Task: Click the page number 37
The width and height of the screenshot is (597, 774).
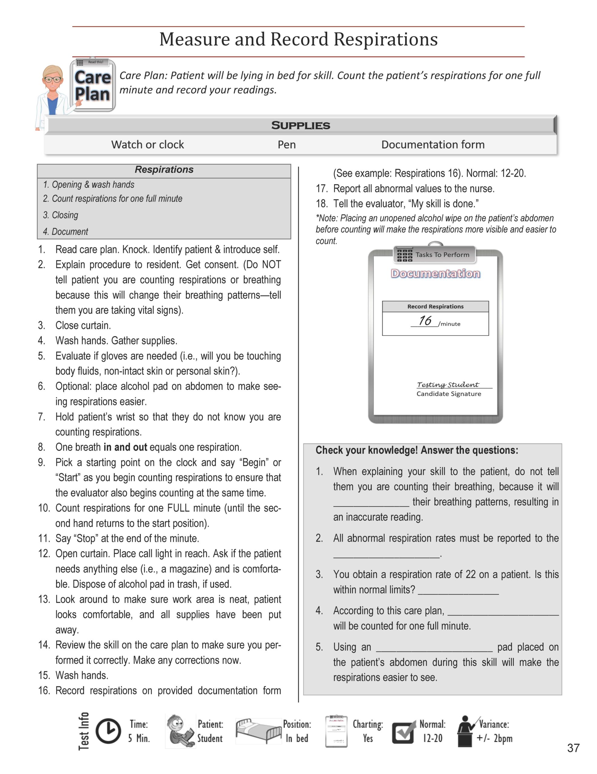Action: point(573,748)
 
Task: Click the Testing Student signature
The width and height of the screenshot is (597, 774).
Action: point(448,385)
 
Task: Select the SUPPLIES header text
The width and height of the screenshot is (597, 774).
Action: point(300,125)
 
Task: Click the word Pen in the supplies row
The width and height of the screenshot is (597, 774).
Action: point(287,145)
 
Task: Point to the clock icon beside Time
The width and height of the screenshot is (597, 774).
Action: point(108,731)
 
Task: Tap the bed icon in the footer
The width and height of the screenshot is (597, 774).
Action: point(258,730)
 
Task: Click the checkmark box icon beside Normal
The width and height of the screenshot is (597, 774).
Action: point(404,732)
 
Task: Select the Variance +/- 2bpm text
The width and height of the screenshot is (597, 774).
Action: point(494,731)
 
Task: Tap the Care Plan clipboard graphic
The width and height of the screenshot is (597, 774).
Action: point(93,85)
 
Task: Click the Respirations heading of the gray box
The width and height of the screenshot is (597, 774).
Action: point(164,170)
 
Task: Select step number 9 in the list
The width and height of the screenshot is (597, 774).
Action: point(42,463)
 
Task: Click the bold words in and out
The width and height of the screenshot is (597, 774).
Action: point(125,447)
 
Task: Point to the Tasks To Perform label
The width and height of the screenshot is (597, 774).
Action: point(442,255)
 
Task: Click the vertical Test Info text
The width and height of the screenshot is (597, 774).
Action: point(84,731)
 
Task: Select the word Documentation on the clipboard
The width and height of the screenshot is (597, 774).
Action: point(436,274)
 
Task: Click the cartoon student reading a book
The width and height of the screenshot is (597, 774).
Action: point(180,731)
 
